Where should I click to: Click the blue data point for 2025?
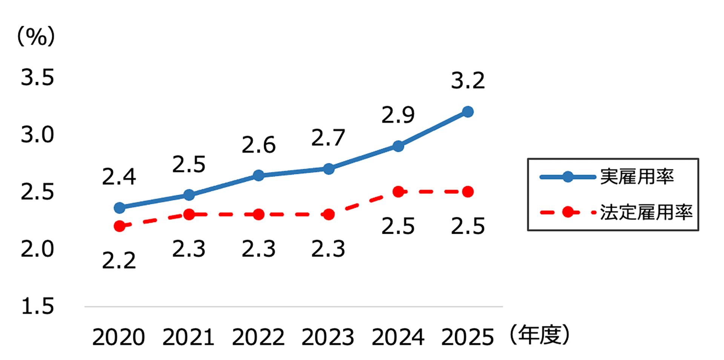(x=468, y=112)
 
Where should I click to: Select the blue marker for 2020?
(x=120, y=207)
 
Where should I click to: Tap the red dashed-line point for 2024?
(x=398, y=192)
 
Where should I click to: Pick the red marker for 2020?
(x=120, y=226)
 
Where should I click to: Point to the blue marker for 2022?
(x=259, y=175)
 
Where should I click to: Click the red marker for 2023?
(x=329, y=215)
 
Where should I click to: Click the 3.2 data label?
(x=468, y=81)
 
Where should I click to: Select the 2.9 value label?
(x=398, y=115)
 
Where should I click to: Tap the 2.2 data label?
(x=119, y=260)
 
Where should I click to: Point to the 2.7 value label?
(x=328, y=138)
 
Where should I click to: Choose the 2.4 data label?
(x=119, y=177)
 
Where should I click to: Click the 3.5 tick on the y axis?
(x=37, y=78)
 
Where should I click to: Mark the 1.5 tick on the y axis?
(x=37, y=306)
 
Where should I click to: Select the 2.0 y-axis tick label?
(x=37, y=249)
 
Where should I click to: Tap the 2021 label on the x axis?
(x=189, y=337)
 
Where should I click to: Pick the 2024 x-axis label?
(x=398, y=337)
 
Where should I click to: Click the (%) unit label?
(x=36, y=37)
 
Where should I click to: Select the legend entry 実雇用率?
(x=637, y=177)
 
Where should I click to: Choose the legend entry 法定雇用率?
(x=646, y=213)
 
